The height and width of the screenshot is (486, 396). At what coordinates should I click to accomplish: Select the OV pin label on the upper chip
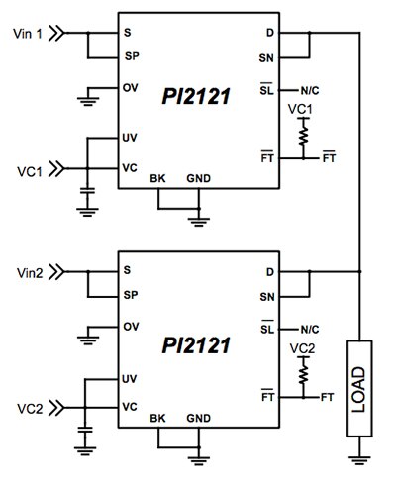(130, 88)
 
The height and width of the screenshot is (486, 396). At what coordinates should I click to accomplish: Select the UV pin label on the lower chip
(130, 378)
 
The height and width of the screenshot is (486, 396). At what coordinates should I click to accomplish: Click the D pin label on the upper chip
(270, 34)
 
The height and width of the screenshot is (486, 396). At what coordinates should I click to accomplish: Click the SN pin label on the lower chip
(267, 296)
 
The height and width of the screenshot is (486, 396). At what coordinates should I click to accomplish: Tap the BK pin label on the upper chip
(157, 178)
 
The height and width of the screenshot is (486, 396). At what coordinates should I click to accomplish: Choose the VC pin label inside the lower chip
(130, 405)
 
